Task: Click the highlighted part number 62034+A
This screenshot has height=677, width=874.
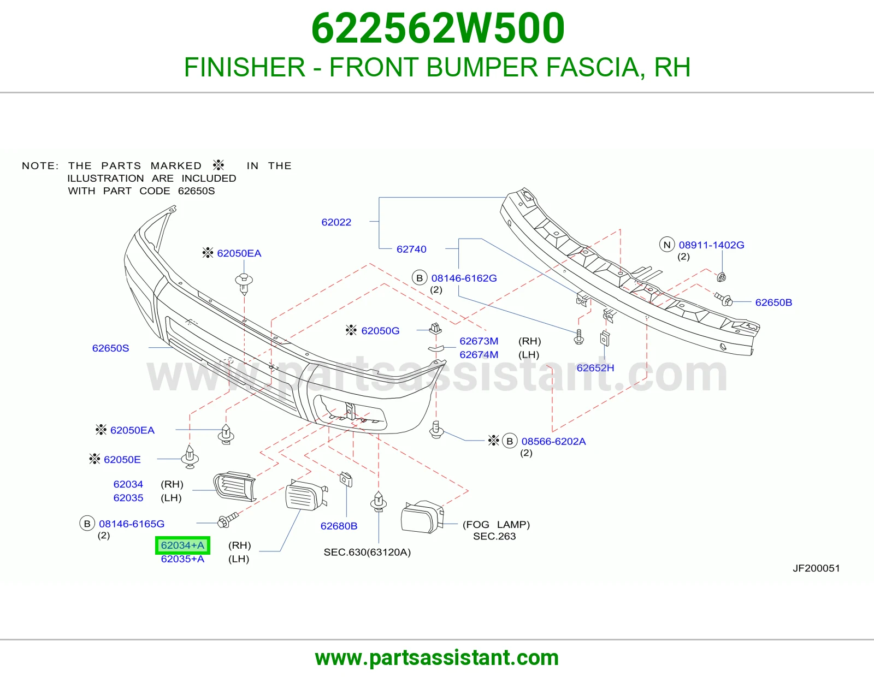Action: tap(182, 545)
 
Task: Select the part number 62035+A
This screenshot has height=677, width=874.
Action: tap(182, 559)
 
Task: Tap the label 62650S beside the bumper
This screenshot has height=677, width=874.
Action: tap(110, 348)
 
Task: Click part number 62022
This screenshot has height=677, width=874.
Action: tap(336, 222)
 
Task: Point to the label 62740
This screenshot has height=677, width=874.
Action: tap(411, 250)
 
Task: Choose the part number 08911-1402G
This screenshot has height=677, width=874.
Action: tap(712, 245)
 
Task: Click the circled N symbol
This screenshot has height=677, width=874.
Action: tap(667, 245)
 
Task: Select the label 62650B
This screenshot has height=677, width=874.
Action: tap(773, 302)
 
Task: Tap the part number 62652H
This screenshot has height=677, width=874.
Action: tap(595, 368)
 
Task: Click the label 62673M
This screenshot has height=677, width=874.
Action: tap(479, 341)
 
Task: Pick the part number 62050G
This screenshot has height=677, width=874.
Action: tap(380, 331)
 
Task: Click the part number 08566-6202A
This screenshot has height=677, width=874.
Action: tap(553, 442)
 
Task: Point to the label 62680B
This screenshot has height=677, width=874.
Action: tap(339, 526)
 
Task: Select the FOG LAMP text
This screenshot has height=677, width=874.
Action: tap(497, 525)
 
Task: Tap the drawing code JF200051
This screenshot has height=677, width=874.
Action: tap(816, 568)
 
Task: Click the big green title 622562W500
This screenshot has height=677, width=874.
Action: tap(438, 28)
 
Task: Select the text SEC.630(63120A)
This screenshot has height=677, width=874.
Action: tap(367, 553)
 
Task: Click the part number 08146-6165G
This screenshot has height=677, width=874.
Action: tap(132, 524)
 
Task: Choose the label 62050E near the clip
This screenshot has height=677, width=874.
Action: tap(122, 460)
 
